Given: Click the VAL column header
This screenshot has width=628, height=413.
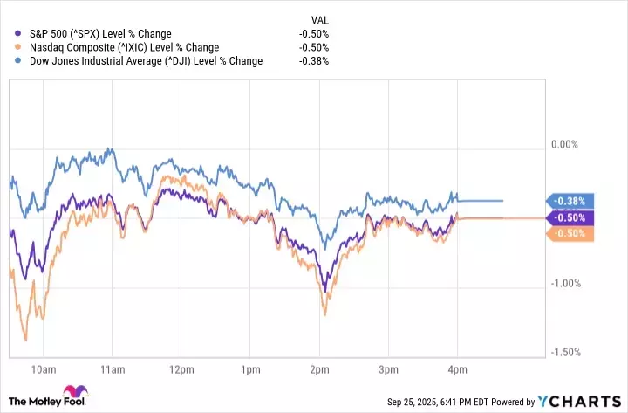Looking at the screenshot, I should pyautogui.click(x=320, y=19).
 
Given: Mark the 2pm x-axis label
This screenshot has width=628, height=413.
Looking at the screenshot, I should pyautogui.click(x=319, y=368).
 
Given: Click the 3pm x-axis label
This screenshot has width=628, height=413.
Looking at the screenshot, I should pyautogui.click(x=390, y=368).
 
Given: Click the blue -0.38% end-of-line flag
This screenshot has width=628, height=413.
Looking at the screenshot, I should pyautogui.click(x=570, y=200).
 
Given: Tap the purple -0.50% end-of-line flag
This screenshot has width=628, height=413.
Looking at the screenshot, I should pyautogui.click(x=570, y=217).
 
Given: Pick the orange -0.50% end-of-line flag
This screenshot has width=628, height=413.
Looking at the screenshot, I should pyautogui.click(x=570, y=233).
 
